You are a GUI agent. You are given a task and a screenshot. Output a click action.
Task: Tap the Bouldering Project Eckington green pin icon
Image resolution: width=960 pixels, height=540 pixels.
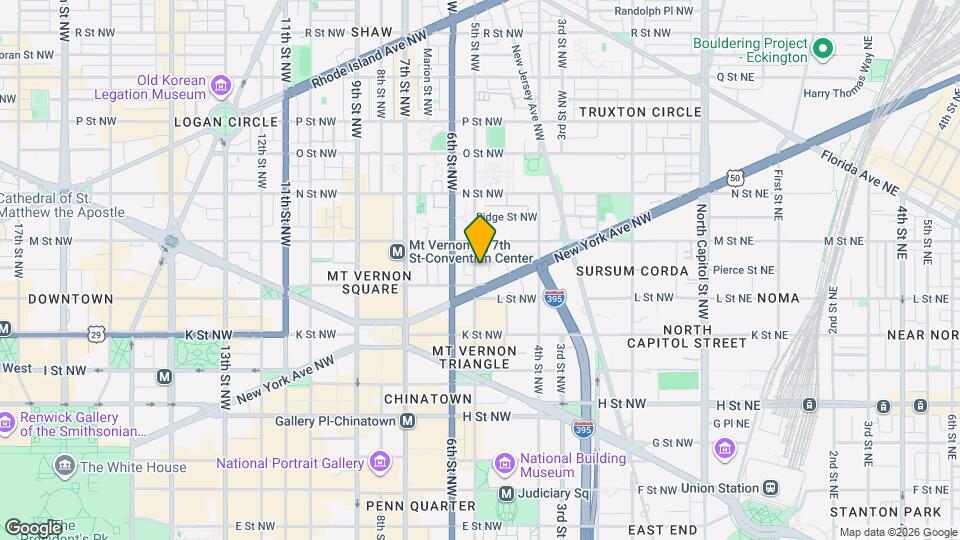pyautogui.click(x=823, y=47)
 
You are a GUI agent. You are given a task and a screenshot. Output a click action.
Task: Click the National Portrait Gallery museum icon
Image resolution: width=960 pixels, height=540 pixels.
pyautogui.click(x=379, y=462)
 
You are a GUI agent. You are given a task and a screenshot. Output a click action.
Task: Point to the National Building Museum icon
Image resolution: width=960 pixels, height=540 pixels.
pyautogui.click(x=505, y=465)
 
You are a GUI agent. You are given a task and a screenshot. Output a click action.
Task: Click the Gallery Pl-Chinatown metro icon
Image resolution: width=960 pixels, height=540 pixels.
pyautogui.click(x=407, y=421)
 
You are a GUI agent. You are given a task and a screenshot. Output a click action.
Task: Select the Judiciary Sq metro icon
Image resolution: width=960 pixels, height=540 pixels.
pyautogui.click(x=506, y=493)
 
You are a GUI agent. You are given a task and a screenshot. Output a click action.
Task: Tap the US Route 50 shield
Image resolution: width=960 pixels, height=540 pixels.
pyautogui.click(x=735, y=177)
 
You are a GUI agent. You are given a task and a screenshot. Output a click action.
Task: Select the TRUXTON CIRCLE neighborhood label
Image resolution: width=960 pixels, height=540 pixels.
pyautogui.click(x=640, y=112)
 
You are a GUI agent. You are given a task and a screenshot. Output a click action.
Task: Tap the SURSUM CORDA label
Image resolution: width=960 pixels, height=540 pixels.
pyautogui.click(x=632, y=271)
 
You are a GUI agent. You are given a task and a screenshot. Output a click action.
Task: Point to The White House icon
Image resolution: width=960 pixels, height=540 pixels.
pyautogui.click(x=66, y=466)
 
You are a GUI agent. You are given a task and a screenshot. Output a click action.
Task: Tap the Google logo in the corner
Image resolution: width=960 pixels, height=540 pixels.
pyautogui.click(x=34, y=527)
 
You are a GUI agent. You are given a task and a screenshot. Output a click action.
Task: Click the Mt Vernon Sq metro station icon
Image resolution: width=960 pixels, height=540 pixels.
pyautogui.click(x=397, y=250)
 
